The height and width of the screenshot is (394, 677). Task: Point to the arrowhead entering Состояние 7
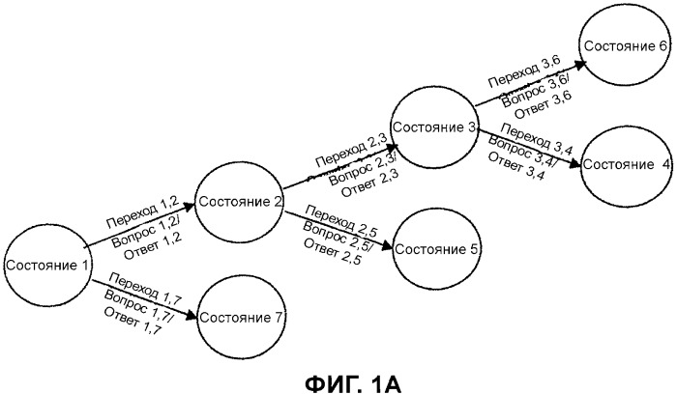click(x=196, y=317)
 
